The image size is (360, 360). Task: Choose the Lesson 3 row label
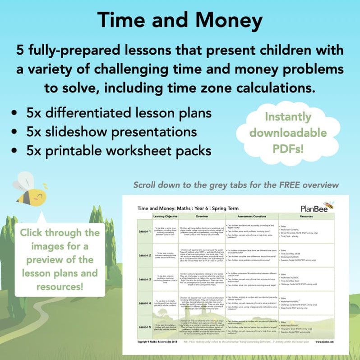(x=144, y=280)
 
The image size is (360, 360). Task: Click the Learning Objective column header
(x=164, y=217)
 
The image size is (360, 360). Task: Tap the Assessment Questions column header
(x=251, y=217)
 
